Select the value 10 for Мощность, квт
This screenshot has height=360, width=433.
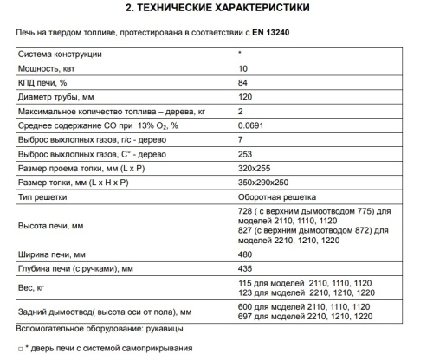(242, 67)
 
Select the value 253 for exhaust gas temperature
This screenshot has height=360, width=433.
(245, 154)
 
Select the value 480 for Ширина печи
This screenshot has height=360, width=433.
(245, 255)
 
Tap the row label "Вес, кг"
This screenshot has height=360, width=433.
(32, 287)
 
